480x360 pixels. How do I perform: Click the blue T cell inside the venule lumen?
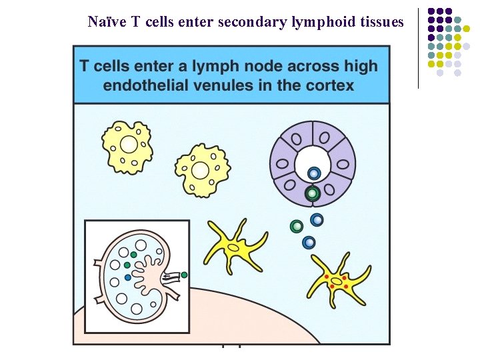tap(313, 174)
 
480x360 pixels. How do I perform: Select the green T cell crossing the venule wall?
tap(311, 194)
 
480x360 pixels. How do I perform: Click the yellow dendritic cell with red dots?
tap(337, 280)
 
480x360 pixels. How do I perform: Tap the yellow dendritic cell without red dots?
tap(233, 247)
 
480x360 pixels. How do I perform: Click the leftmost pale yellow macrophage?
tap(128, 145)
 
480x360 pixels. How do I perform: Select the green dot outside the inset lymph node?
tap(184, 275)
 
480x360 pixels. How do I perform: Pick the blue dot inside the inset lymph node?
tap(128, 277)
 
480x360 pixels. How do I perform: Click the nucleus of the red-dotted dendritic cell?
tap(337, 282)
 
